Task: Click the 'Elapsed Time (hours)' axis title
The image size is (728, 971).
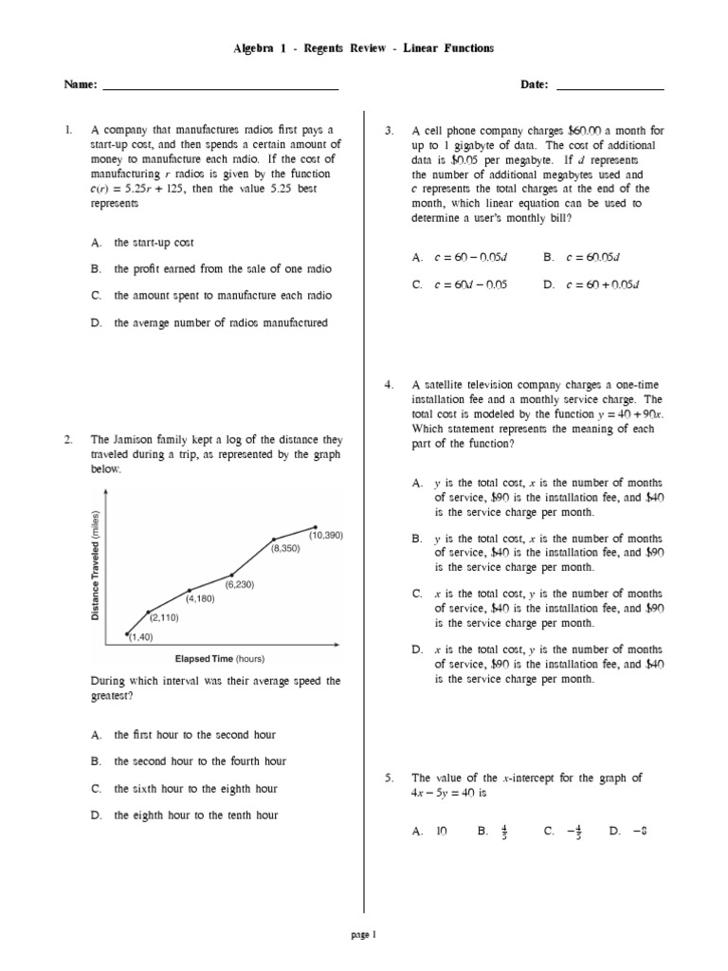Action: [x=218, y=658]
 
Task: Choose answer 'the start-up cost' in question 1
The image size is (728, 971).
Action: [x=154, y=243]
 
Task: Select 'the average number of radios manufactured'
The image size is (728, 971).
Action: [x=221, y=322]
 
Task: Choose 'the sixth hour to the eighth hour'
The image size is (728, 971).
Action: [x=195, y=788]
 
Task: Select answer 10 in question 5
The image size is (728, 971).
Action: [x=441, y=832]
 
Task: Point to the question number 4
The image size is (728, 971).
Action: [x=389, y=386]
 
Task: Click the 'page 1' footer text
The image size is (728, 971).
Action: [x=364, y=934]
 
